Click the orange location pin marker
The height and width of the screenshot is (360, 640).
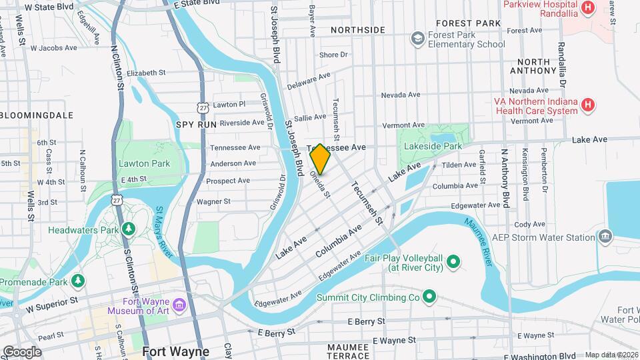tap(320, 159)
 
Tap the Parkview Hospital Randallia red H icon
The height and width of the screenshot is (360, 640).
tap(587, 8)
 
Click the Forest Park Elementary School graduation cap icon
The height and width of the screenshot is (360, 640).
tap(418, 39)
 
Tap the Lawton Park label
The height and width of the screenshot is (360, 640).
tap(144, 163)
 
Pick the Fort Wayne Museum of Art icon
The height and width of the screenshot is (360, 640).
tap(179, 305)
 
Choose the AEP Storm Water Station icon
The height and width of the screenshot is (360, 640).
tap(605, 237)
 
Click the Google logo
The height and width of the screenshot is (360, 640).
tap(22, 351)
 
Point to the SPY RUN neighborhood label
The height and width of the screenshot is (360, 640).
tap(197, 125)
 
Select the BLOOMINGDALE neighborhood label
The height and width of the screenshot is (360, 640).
tap(37, 115)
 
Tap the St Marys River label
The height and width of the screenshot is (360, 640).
tap(165, 231)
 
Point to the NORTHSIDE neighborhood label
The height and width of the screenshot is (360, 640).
tap(357, 30)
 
